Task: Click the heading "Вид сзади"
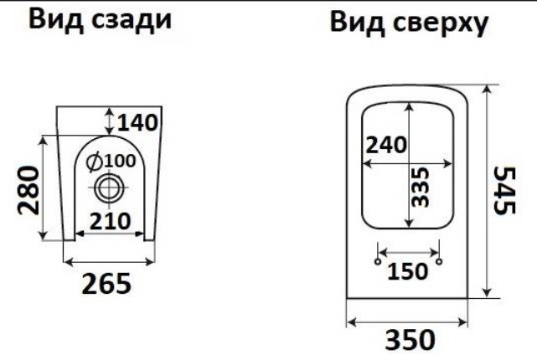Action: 100,21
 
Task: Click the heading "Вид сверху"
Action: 408,24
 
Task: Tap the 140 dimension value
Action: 137,122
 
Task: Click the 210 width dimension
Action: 109,220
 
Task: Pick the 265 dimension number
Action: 106,285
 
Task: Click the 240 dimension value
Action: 386,144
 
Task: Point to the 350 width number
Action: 410,341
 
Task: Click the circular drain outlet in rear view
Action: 107,188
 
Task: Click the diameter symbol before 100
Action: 94,159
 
